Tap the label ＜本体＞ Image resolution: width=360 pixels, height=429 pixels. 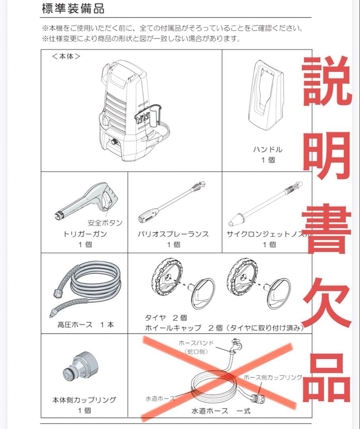66,56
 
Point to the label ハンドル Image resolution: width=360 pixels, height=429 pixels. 268,150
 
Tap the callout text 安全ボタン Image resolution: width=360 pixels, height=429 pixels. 105,223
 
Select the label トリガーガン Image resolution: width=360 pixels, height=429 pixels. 85,234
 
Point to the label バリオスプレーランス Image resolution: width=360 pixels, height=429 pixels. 173,234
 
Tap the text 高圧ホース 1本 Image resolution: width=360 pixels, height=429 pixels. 85,325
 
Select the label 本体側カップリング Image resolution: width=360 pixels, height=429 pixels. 84,400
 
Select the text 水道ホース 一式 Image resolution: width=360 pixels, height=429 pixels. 221,411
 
